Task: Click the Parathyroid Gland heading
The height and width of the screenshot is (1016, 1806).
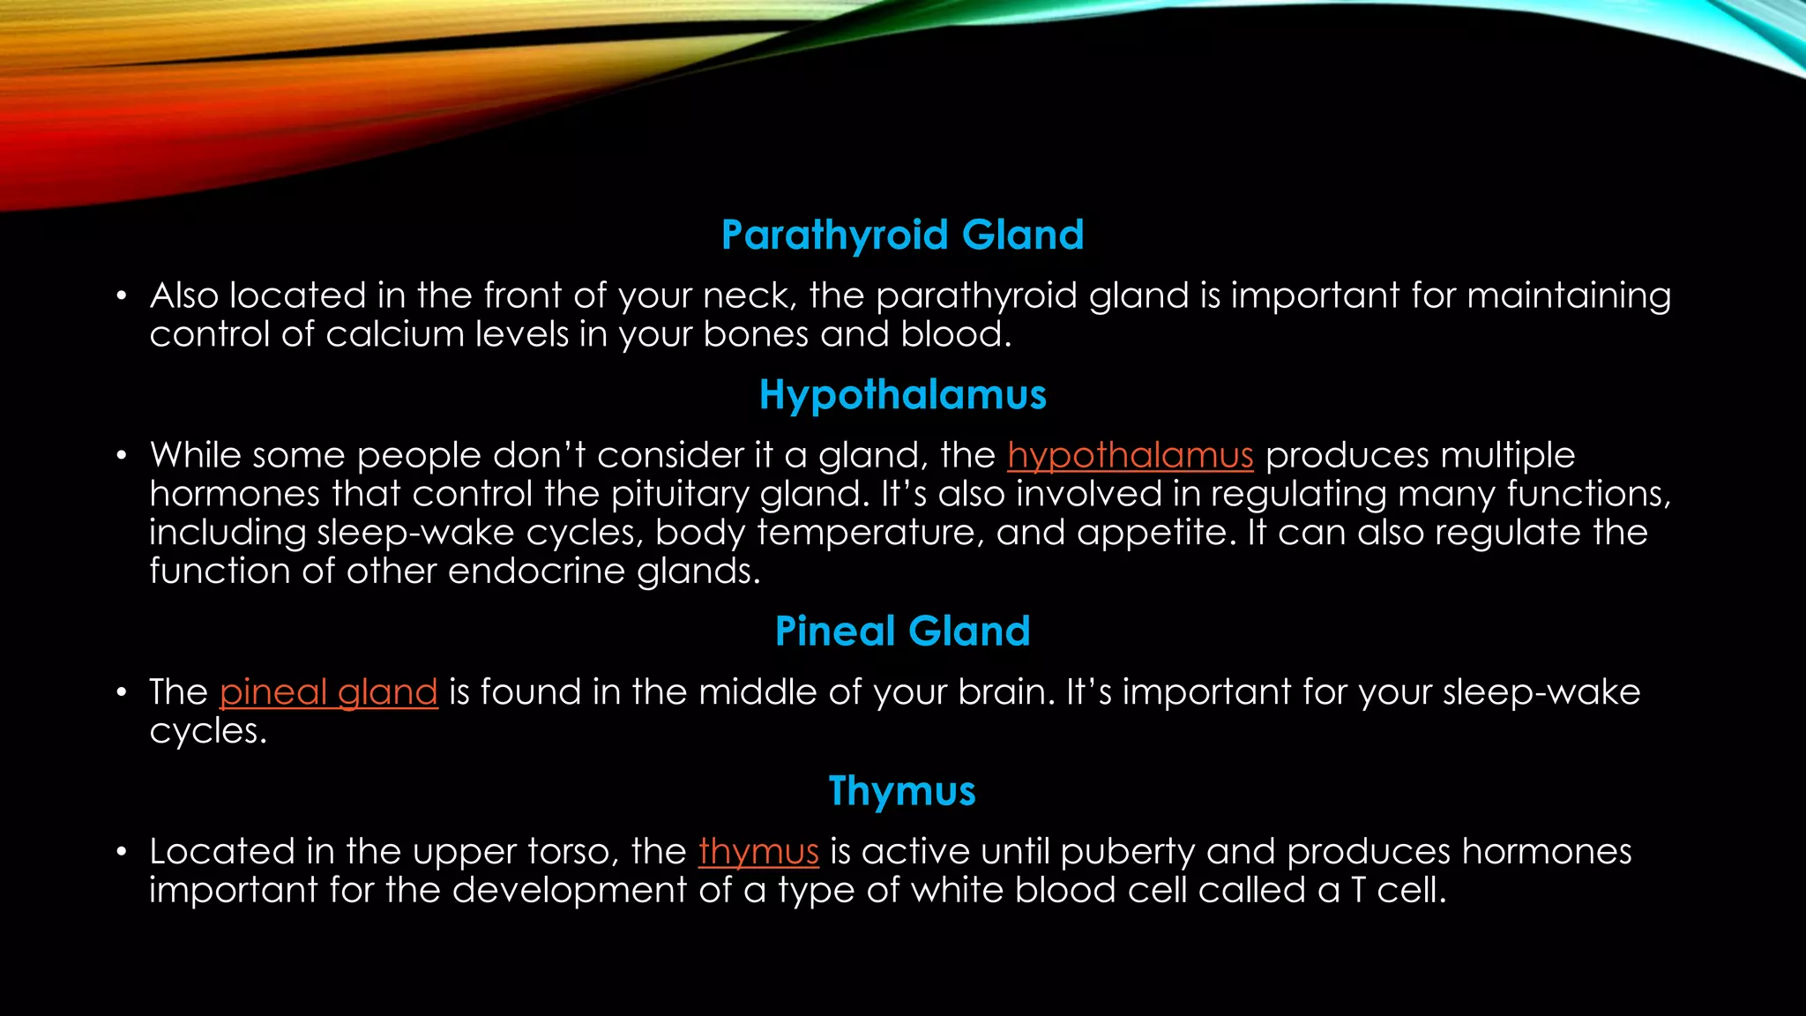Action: tap(902, 235)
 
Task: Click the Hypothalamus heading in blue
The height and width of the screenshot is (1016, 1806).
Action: tap(902, 394)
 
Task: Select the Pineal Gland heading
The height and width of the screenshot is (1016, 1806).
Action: tap(902, 631)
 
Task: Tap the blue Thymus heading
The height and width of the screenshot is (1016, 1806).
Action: tap(902, 790)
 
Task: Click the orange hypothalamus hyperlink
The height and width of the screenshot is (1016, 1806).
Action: tap(1130, 456)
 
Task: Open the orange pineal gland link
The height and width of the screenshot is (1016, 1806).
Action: tap(328, 692)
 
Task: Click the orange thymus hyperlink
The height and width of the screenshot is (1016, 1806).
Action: tap(758, 852)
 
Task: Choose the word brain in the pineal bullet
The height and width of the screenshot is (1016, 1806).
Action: tap(1006, 692)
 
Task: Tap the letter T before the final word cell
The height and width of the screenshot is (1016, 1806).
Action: tap(1358, 891)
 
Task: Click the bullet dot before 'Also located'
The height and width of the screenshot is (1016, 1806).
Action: tap(123, 296)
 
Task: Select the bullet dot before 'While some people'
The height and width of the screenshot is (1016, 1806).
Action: tap(123, 456)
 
